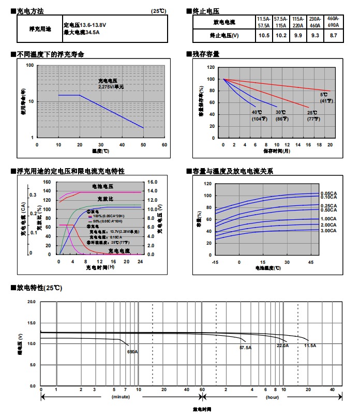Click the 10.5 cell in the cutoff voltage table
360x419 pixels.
(264, 35)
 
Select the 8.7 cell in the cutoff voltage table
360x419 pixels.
(333, 35)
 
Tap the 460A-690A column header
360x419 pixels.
(333, 22)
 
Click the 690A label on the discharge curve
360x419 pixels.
(132, 352)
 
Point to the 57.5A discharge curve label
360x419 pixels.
(245, 348)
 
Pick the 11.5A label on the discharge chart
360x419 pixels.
(310, 345)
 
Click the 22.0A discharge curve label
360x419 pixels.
(282, 345)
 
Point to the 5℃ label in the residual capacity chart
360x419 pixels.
(324, 95)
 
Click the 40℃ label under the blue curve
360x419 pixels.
(257, 112)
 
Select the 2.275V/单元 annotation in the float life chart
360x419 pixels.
(111, 87)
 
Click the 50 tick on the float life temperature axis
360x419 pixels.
(143, 145)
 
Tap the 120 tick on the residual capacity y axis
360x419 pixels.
(211, 67)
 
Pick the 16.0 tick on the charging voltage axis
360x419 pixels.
(152, 182)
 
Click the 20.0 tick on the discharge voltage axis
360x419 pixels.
(32, 301)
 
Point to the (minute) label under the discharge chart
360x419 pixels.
(121, 397)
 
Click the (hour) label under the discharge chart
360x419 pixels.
(273, 397)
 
